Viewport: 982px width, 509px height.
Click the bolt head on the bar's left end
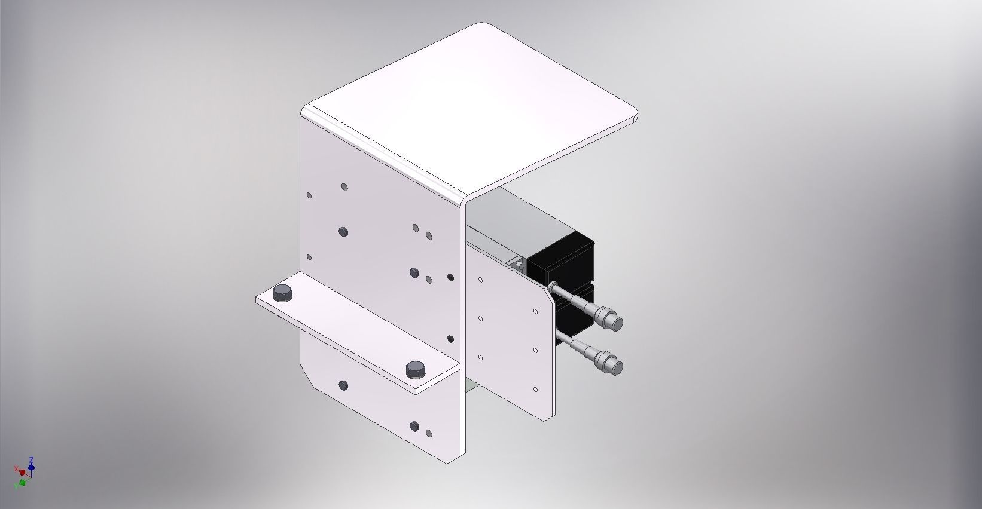point(282,293)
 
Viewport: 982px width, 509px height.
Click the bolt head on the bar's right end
point(416,369)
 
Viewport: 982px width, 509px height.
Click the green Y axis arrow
point(22,482)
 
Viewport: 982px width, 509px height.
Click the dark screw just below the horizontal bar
point(343,385)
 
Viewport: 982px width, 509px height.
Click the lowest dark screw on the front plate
point(414,426)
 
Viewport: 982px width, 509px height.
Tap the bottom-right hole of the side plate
point(535,390)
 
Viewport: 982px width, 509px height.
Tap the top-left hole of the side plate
point(481,279)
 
